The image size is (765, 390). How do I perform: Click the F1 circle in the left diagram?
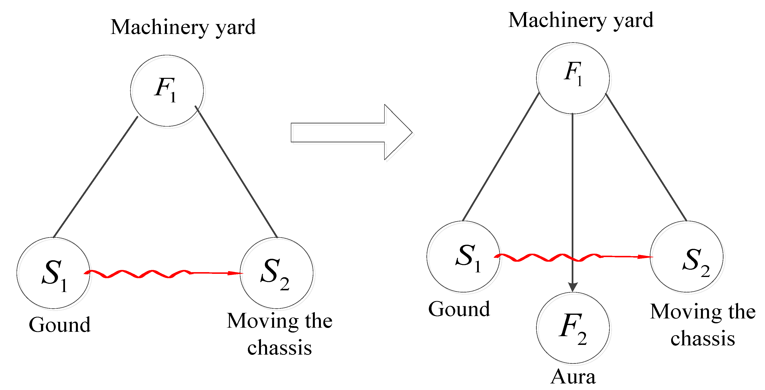click(167, 91)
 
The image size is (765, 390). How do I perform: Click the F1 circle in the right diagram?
click(573, 78)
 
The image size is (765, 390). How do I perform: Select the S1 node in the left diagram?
click(53, 273)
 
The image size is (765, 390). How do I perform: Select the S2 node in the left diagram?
click(277, 273)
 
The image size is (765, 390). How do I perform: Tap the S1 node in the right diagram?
click(464, 257)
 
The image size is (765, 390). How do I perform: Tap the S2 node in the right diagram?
click(687, 257)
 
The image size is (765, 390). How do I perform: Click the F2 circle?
click(573, 328)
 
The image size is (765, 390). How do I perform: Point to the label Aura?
click(573, 377)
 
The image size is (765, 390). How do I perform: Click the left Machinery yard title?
click(183, 27)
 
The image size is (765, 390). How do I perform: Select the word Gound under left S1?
click(59, 325)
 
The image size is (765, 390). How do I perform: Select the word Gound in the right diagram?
click(459, 309)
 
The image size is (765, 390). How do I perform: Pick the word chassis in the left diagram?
click(279, 348)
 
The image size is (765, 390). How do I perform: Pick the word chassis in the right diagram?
click(703, 338)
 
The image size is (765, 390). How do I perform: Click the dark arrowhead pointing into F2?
click(573, 287)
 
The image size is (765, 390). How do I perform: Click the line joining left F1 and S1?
click(96, 177)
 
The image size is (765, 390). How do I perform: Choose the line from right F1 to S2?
click(646, 157)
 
